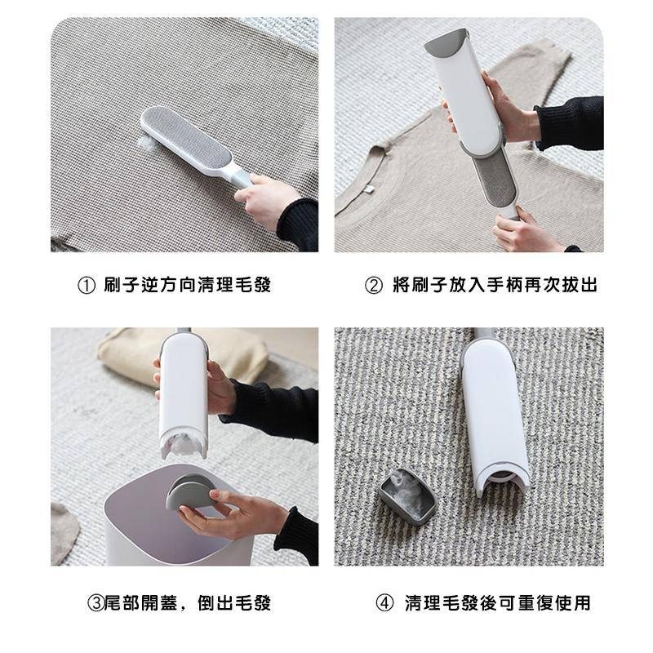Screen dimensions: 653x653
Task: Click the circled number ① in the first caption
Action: click(x=85, y=286)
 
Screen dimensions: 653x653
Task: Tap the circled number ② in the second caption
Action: click(x=373, y=286)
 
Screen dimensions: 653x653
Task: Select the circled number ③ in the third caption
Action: click(x=96, y=603)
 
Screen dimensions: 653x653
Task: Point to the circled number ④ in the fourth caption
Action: click(x=384, y=603)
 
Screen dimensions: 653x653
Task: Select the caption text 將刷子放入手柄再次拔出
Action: click(x=493, y=286)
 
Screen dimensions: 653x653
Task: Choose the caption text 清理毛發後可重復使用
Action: click(x=497, y=603)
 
